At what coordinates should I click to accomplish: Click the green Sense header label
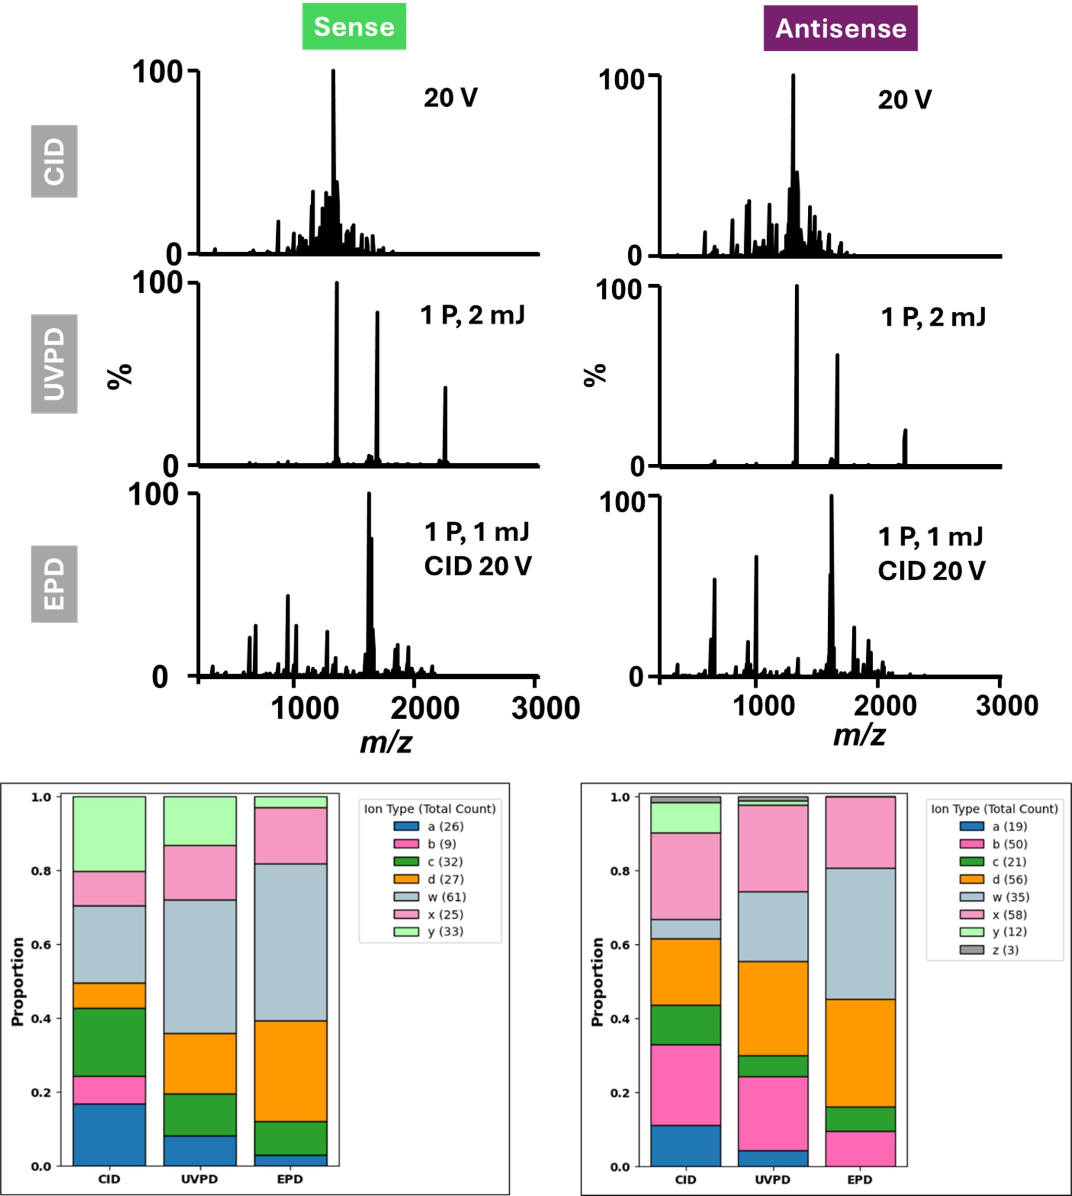point(354,27)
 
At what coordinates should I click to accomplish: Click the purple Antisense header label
point(841,28)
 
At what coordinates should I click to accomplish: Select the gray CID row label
point(54,161)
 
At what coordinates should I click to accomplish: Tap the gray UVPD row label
point(54,364)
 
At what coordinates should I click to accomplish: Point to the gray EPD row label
point(54,583)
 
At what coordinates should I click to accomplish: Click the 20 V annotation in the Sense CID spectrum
point(450,98)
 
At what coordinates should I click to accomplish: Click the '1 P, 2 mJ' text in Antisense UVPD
point(933,318)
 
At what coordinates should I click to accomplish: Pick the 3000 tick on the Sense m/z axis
point(546,708)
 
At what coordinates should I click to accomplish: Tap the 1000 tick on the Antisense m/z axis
point(763,706)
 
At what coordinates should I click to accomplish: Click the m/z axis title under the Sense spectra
point(386,742)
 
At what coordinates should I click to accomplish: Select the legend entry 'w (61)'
point(446,897)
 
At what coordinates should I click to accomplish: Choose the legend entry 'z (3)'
point(1006,949)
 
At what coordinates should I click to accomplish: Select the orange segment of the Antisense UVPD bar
point(773,1009)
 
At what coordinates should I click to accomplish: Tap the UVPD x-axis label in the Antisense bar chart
point(773,1179)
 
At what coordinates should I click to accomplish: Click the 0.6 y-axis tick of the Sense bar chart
point(41,944)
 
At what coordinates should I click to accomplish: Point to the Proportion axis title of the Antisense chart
point(597,981)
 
